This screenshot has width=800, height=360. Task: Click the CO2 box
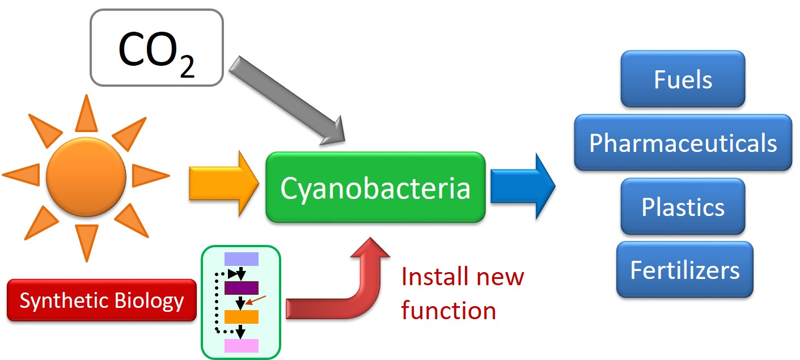point(156,48)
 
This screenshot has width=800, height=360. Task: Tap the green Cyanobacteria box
point(375,187)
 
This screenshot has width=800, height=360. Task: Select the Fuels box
point(683,79)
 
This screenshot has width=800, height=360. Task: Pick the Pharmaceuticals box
point(683,143)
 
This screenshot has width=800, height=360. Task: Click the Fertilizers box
point(684,269)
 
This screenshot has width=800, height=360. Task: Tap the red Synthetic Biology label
point(102,300)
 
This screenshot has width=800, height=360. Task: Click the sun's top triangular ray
point(86,113)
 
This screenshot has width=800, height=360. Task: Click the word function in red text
point(448,311)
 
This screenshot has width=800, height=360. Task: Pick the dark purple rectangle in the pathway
point(242,287)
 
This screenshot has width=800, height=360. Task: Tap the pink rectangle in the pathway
point(242,346)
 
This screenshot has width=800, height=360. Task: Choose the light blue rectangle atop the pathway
point(242,259)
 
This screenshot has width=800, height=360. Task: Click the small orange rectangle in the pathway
point(242,316)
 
